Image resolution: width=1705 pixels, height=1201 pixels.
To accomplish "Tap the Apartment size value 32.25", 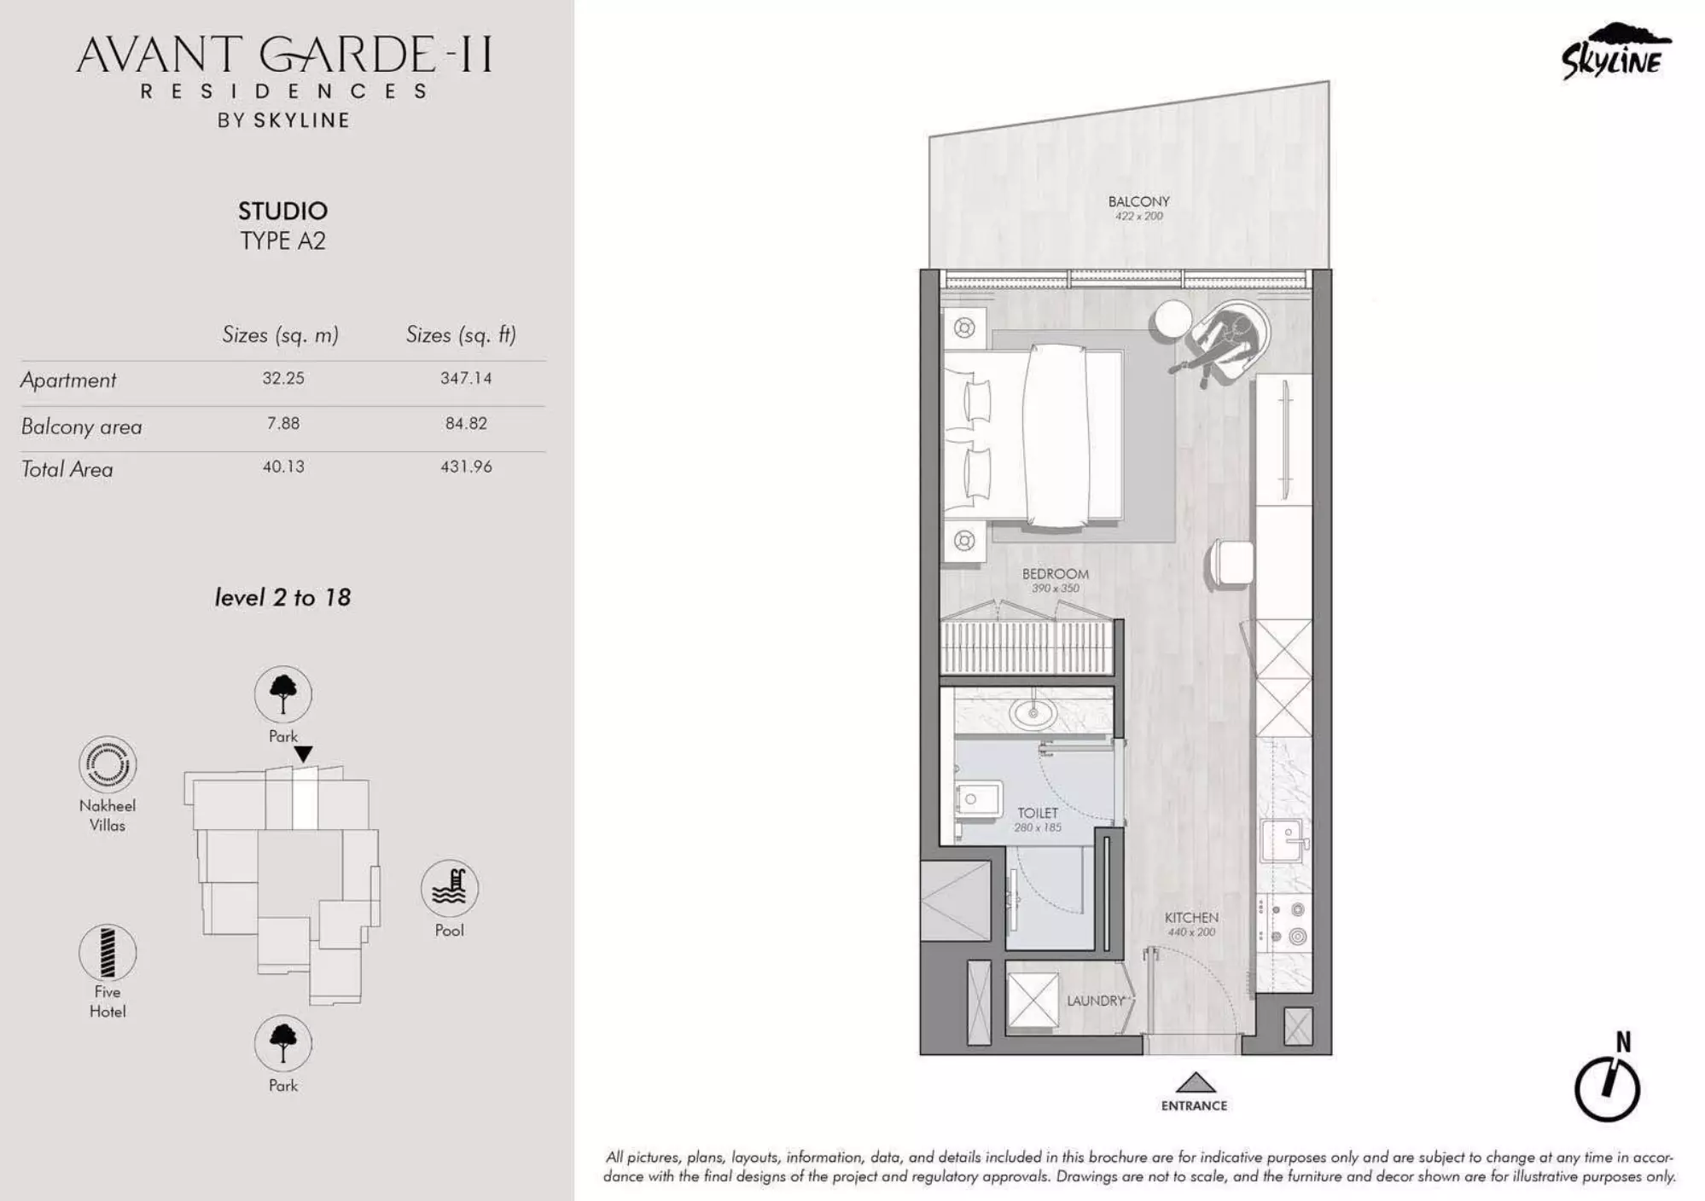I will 283,378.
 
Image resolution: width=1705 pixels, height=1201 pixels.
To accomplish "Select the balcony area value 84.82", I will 466,423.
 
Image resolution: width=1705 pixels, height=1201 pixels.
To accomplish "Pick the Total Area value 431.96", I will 466,467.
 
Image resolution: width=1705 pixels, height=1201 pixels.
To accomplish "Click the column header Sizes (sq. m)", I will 280,334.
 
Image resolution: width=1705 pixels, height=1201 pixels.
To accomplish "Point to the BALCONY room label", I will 1138,201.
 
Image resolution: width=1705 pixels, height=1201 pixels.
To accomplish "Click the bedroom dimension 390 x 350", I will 1055,588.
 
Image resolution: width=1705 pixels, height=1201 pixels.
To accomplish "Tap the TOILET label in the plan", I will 1037,813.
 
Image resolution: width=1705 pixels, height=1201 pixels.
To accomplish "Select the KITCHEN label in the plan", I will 1191,918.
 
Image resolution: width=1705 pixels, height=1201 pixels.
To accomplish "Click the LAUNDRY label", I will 1095,1001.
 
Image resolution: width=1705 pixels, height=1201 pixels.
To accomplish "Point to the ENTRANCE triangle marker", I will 1195,1082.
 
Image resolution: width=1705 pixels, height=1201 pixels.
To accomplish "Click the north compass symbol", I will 1607,1088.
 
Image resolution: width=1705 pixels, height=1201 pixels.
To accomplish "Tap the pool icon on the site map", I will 449,888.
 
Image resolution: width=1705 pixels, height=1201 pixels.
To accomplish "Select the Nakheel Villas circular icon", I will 108,764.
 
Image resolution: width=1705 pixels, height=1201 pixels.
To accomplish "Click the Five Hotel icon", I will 108,953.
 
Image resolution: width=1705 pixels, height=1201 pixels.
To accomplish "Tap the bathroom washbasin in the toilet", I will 1033,711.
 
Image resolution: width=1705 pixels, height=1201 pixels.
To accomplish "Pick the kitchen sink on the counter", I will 1282,840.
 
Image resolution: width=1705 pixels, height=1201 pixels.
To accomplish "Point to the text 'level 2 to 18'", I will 282,597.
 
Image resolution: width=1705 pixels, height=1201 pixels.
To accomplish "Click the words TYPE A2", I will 282,241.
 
